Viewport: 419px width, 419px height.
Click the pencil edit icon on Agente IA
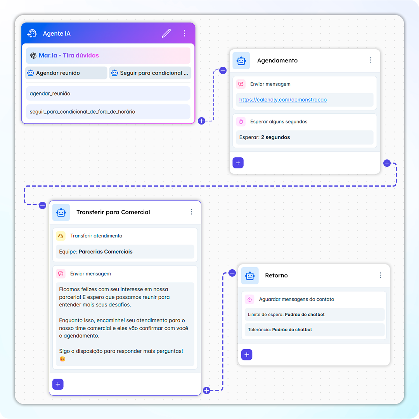(166, 33)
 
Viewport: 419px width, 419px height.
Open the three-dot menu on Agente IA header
(184, 33)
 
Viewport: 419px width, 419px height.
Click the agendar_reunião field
(108, 93)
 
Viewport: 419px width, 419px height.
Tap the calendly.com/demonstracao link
(283, 100)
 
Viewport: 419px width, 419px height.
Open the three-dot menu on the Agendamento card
(371, 60)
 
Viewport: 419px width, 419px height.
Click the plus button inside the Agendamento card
(238, 163)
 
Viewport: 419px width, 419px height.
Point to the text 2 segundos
(275, 137)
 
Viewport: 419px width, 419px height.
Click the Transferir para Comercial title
(113, 212)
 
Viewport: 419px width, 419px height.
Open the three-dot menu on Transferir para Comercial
(191, 212)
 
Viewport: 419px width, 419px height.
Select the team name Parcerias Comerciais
(106, 252)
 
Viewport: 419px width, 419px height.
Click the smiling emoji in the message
(62, 359)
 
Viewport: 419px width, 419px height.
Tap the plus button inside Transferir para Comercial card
(58, 384)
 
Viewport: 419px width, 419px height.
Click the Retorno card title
(276, 275)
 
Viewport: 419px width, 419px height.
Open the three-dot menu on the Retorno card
(380, 275)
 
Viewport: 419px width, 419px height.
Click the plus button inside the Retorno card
(247, 355)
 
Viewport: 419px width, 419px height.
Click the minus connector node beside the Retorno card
(232, 273)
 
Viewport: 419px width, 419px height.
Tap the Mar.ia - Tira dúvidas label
(69, 55)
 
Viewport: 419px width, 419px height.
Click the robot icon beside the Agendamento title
(241, 61)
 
